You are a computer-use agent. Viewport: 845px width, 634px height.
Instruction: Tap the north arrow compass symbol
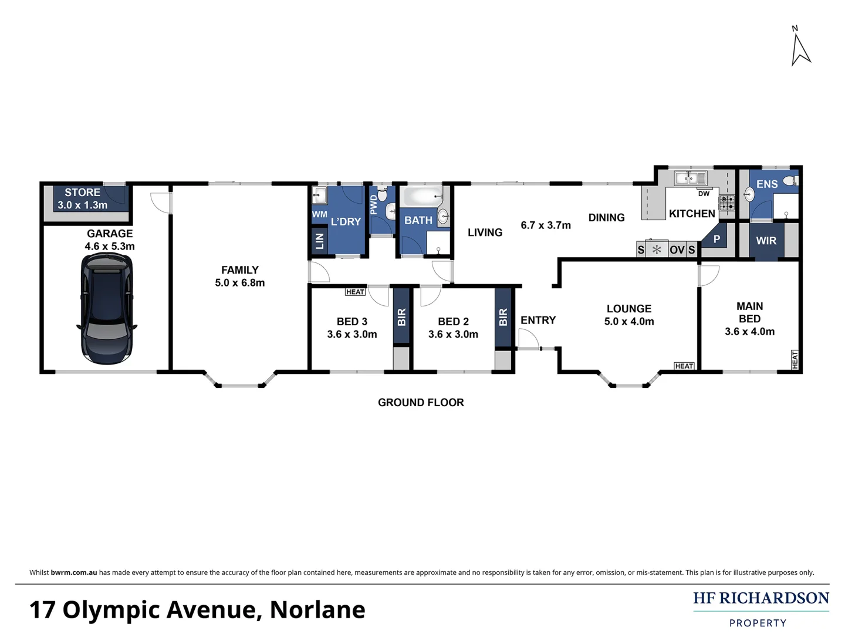[800, 47]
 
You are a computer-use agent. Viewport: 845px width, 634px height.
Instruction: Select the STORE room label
[82, 193]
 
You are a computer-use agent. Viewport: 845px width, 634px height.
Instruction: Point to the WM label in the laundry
[319, 214]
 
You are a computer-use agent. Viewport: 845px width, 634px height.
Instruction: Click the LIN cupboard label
[320, 240]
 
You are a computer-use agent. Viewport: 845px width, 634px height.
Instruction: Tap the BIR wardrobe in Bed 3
[401, 318]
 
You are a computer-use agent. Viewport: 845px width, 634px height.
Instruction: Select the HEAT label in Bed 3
[355, 292]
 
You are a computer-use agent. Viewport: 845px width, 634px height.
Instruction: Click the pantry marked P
[716, 240]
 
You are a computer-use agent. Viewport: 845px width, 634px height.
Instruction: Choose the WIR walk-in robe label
[766, 241]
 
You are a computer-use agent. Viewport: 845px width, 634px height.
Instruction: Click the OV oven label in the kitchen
[677, 250]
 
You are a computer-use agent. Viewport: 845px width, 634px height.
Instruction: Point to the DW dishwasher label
[704, 194]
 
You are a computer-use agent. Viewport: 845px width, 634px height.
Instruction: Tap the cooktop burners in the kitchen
[727, 203]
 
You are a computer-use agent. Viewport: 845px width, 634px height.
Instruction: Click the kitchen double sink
[690, 177]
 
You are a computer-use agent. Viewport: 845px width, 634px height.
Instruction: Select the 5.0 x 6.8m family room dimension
[239, 282]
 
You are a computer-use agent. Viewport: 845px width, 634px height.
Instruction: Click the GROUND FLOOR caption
[421, 402]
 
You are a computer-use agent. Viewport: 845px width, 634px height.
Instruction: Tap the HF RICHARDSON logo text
[760, 598]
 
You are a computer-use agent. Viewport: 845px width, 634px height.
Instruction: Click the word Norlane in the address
[317, 610]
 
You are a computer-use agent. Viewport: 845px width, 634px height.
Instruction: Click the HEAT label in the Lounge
[684, 366]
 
